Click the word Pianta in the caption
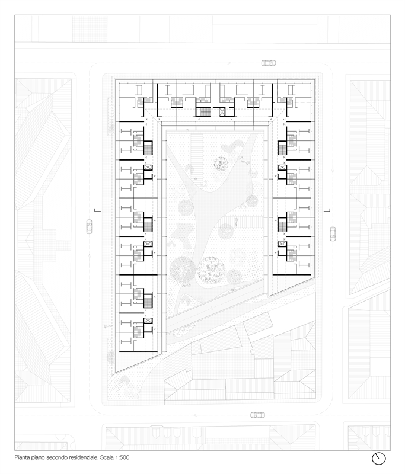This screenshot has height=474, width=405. (22, 457)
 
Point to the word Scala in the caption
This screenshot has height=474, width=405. (107, 457)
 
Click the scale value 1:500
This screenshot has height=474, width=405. (122, 457)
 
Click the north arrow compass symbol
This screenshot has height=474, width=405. (379, 458)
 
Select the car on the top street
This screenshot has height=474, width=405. (269, 63)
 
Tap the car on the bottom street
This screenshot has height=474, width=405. (258, 415)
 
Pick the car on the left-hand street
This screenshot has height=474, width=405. (89, 227)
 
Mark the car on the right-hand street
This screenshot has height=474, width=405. (333, 234)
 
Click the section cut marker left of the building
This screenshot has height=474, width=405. (97, 210)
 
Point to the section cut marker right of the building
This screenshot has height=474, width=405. (327, 210)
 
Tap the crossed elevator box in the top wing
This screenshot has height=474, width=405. (222, 112)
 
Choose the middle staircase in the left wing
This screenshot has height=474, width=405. (148, 226)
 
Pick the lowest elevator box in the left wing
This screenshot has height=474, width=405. (148, 321)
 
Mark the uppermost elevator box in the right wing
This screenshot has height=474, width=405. (282, 167)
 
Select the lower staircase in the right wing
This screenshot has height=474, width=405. (282, 226)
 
